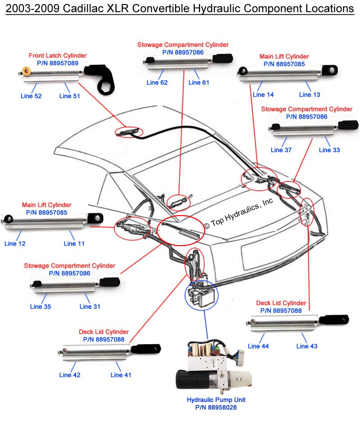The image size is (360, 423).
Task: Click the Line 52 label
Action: click(31, 96)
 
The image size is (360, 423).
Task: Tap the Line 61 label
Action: click(198, 82)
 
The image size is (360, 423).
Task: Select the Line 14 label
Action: click(263, 94)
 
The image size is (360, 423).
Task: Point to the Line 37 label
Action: click(281, 150)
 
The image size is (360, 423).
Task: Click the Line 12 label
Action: click(15, 243)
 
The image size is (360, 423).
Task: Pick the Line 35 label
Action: click(40, 306)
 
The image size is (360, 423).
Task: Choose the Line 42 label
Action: click(70, 375)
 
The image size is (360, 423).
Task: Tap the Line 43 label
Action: click(307, 346)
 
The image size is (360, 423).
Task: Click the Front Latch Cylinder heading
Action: click(58, 55)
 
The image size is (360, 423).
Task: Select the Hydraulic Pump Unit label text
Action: click(216, 400)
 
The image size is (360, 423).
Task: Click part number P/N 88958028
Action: click(216, 407)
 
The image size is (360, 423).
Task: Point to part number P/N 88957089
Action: click(58, 63)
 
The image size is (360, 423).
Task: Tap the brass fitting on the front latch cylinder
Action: click(26, 71)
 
